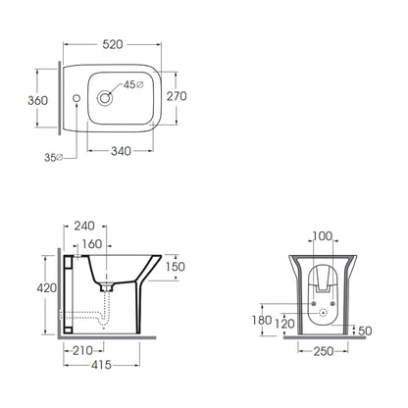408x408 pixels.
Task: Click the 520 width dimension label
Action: (x=113, y=44)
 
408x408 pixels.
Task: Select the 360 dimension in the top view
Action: (x=37, y=100)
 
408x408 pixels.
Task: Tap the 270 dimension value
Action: (x=177, y=96)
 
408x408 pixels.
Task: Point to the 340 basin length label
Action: (x=121, y=151)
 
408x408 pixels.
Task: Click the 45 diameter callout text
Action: (x=133, y=84)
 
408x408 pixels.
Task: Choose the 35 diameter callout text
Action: (x=53, y=157)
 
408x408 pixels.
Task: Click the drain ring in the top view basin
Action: (x=105, y=98)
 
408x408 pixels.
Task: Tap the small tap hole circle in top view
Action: (x=76, y=98)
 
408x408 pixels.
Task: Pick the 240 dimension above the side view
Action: (x=84, y=226)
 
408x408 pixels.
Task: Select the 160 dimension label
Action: (x=92, y=244)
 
